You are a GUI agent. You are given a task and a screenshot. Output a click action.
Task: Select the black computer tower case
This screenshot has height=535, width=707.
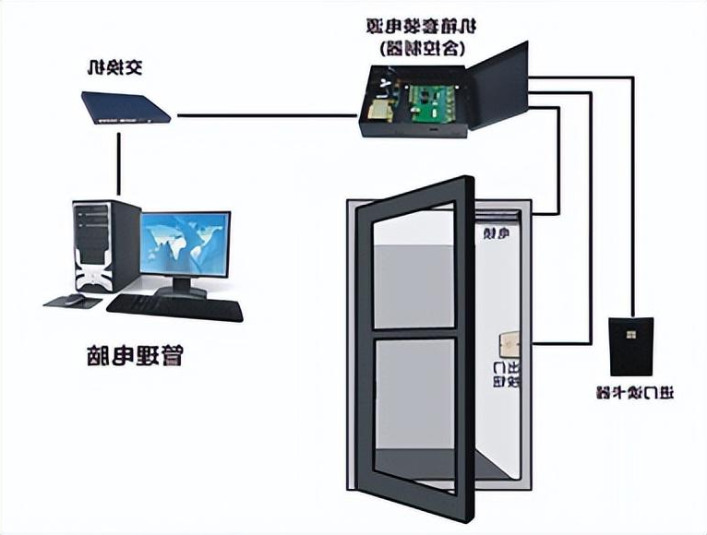pos(94,244)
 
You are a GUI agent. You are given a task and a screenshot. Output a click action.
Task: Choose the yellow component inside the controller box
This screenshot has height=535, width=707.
pos(377,112)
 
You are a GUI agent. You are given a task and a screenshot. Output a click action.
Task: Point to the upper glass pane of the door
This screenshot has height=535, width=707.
pos(413,267)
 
